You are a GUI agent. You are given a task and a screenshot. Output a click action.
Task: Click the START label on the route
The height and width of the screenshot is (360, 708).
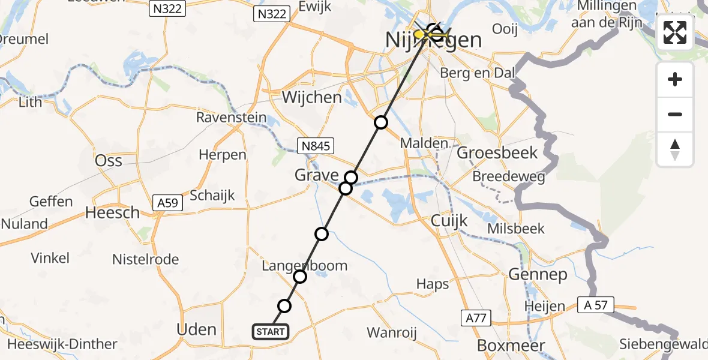[x=271, y=332]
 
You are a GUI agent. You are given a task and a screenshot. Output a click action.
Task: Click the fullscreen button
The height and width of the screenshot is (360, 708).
[x=675, y=32]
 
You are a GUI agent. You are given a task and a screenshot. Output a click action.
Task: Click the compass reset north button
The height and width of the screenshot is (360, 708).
[x=675, y=149]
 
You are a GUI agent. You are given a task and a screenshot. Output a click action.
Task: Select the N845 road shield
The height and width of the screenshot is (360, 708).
[x=315, y=146]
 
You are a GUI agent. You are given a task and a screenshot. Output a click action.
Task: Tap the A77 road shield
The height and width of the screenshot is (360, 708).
[x=475, y=317]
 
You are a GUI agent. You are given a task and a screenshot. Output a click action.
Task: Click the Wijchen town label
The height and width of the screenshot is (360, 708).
[x=312, y=97]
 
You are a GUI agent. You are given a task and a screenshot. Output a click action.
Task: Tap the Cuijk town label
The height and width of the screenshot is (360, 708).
[x=449, y=221]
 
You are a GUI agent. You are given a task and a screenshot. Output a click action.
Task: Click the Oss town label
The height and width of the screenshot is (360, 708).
[x=109, y=160]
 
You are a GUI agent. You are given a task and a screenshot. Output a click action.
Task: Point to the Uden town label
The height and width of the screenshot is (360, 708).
[x=197, y=329]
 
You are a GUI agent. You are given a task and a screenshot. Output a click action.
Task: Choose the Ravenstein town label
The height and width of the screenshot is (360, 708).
[x=231, y=117]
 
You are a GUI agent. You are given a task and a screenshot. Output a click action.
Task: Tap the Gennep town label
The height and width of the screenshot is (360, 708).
[x=538, y=275]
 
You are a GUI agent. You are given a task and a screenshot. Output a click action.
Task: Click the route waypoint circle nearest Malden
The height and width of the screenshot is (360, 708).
[x=381, y=123]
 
